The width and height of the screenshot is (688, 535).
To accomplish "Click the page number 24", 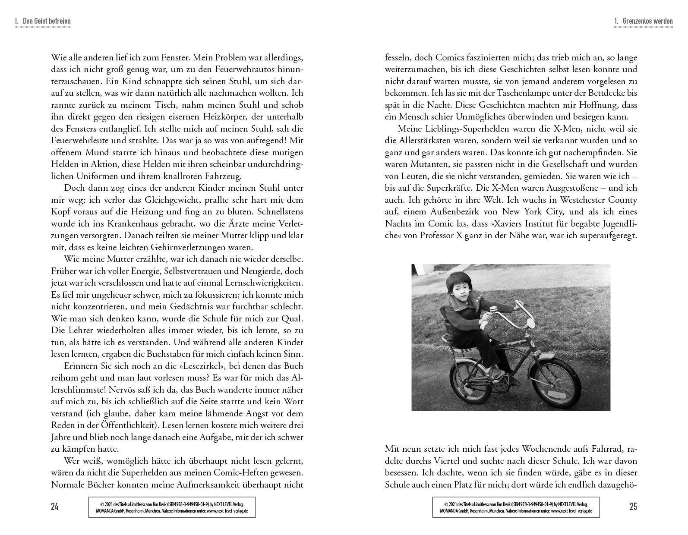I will click(x=54, y=507).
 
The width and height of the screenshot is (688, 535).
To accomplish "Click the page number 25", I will click(x=633, y=507).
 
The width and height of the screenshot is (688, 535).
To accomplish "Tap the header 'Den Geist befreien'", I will click(x=46, y=21).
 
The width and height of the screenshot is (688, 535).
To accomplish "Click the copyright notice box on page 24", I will click(x=172, y=507).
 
